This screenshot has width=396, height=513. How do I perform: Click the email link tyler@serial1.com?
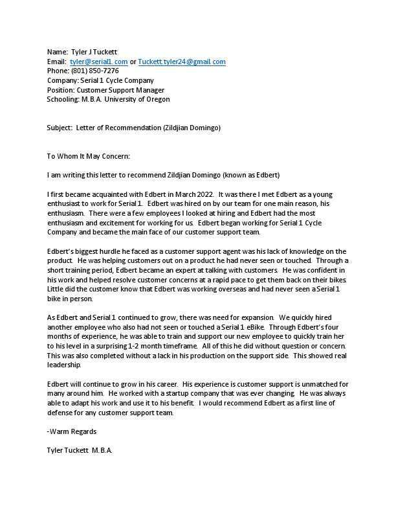99,62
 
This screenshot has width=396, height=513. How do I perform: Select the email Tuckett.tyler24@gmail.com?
182,62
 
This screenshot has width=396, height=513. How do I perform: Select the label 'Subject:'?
60,128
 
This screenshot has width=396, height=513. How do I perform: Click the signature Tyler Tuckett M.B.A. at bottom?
80,450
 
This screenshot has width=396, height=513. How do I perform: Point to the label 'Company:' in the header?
62,80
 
